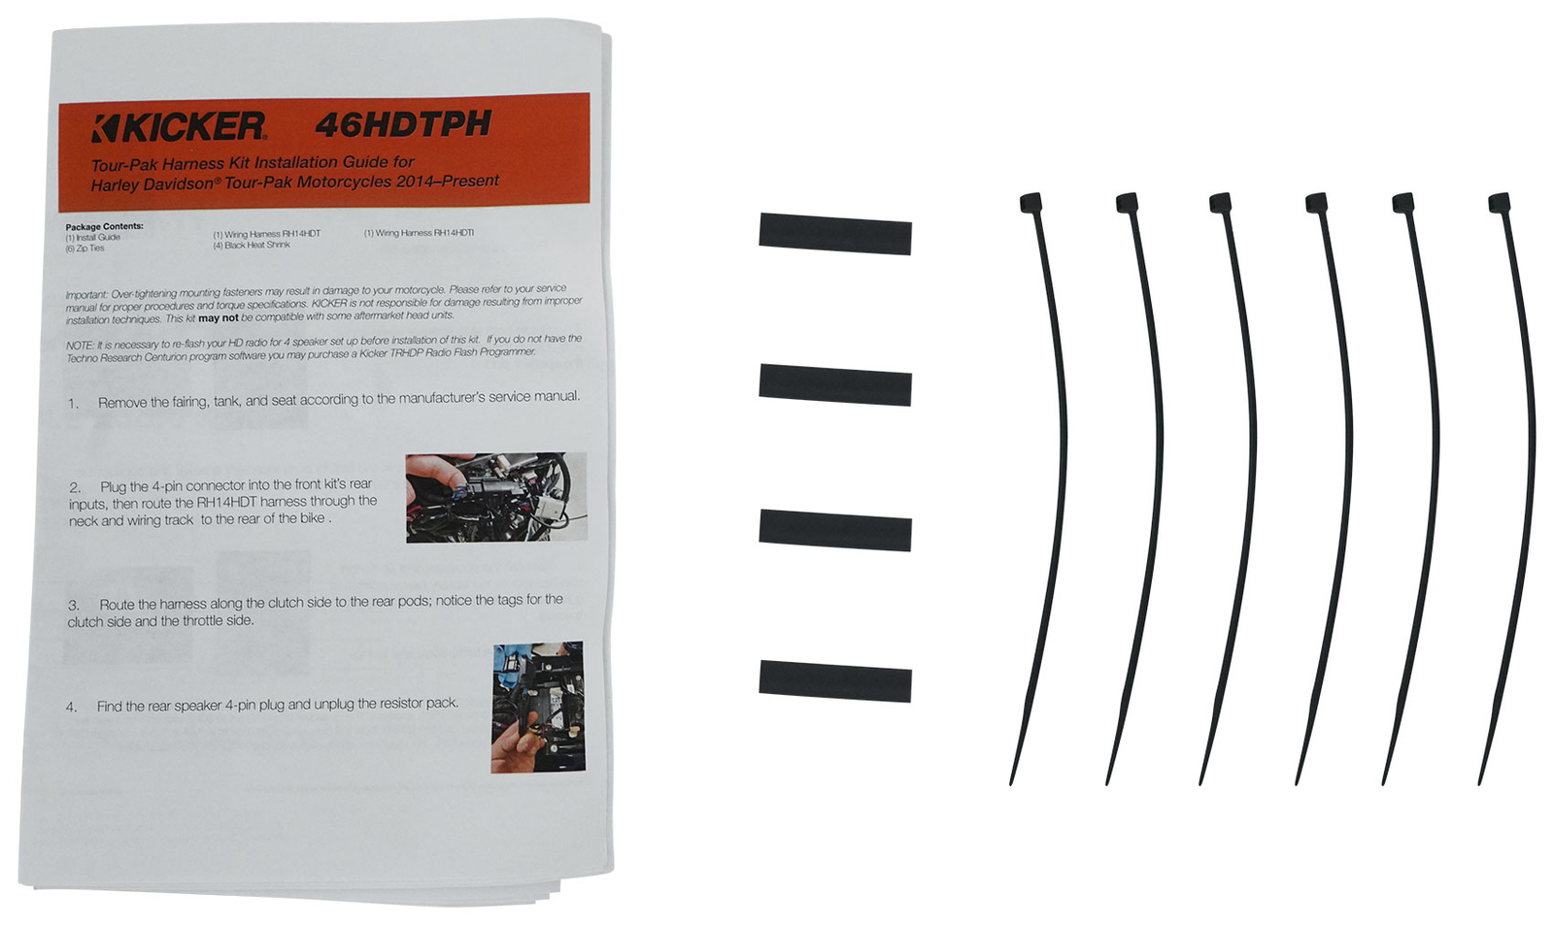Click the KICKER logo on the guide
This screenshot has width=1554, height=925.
click(x=179, y=127)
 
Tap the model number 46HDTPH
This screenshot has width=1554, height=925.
click(x=403, y=124)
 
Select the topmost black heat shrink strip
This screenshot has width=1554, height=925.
click(x=834, y=234)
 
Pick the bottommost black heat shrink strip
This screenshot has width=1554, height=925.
click(x=834, y=681)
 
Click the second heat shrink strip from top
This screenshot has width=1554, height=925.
click(x=834, y=385)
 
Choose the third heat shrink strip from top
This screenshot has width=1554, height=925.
click(x=834, y=530)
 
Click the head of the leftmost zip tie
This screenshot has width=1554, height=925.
click(x=1030, y=203)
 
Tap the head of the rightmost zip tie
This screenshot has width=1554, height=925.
click(x=1499, y=203)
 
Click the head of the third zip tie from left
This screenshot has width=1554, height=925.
click(x=1220, y=203)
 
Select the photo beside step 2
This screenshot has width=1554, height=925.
click(x=496, y=497)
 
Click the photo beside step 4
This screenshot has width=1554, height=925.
click(x=538, y=707)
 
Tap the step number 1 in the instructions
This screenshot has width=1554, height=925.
click(x=73, y=404)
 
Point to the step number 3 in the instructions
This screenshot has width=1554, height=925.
click(x=74, y=605)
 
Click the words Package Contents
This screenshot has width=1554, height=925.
click(x=104, y=226)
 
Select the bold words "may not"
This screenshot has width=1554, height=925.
click(x=218, y=318)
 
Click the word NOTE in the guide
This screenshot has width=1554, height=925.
click(x=79, y=346)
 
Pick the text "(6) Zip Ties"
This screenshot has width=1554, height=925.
click(x=84, y=248)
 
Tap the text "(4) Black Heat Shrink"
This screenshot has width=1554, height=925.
click(x=252, y=246)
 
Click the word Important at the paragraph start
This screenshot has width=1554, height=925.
click(x=86, y=294)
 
